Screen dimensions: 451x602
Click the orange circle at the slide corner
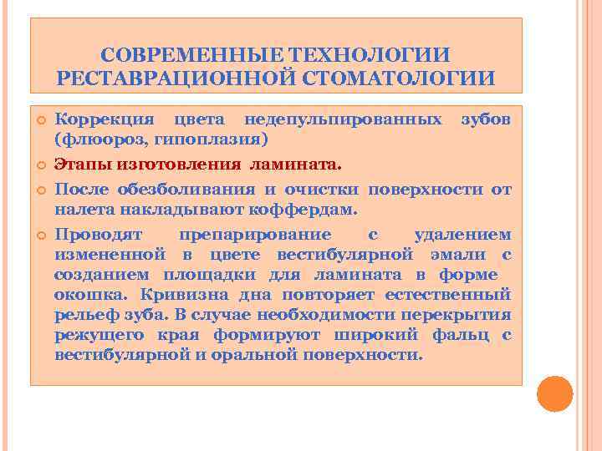tap(554, 393)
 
